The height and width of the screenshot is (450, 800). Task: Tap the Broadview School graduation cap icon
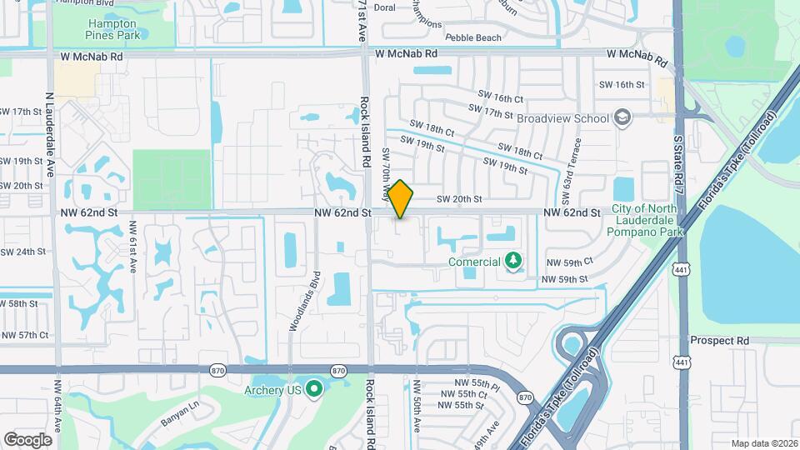click(622, 118)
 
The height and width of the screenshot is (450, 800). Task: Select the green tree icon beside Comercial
click(513, 262)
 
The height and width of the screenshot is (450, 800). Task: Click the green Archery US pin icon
click(314, 389)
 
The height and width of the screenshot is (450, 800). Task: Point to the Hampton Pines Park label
click(115, 29)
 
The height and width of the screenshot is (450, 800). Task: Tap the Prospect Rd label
click(719, 341)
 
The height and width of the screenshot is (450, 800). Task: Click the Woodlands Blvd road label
click(304, 302)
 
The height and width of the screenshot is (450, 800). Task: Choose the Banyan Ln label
click(181, 415)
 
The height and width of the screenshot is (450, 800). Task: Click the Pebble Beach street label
click(473, 37)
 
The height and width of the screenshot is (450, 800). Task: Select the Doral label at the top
click(384, 7)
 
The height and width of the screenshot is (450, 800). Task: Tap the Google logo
click(27, 439)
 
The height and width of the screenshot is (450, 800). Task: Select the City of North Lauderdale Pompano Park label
click(647, 221)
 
